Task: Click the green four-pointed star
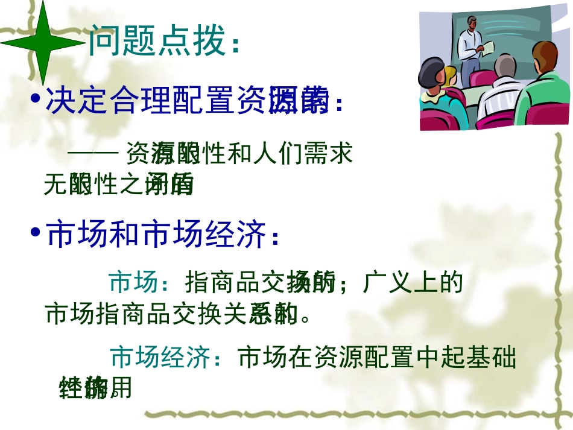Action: (x=42, y=43)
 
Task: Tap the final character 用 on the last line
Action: (x=121, y=388)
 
